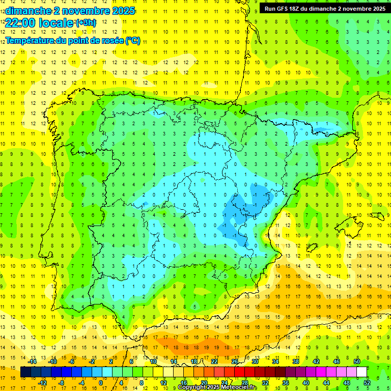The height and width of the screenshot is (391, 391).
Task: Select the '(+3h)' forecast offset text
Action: (85, 23)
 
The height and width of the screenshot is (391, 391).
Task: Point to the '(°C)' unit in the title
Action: (132, 41)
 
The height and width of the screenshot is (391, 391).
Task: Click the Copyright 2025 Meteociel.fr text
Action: (217, 387)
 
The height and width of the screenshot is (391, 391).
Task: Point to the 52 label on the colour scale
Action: (367, 383)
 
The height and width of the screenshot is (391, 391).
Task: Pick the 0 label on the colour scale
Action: (101, 383)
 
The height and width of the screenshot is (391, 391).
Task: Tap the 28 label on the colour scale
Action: (244, 383)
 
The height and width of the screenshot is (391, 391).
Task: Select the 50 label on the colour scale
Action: (357, 361)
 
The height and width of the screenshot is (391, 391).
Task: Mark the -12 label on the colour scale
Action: (43, 383)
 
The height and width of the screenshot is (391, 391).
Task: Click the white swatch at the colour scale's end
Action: (362, 372)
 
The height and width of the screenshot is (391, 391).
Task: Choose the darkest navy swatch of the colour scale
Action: (26, 372)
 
